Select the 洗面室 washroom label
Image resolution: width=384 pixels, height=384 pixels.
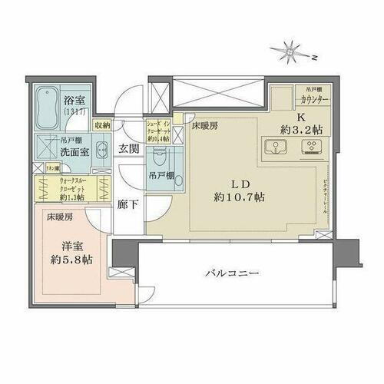(x=75, y=151)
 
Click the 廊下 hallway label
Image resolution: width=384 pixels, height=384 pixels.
(x=127, y=205)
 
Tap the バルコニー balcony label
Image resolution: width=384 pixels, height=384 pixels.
(x=230, y=273)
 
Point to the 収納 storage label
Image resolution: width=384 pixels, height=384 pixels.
(x=103, y=124)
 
